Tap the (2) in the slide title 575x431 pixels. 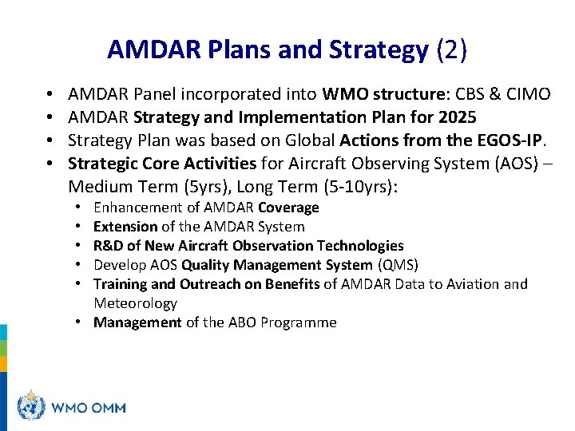click(451, 51)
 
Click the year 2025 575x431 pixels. click(457, 118)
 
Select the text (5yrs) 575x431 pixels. click(192, 188)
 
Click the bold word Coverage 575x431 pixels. click(288, 208)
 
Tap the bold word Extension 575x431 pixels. click(125, 227)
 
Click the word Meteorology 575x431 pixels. click(135, 303)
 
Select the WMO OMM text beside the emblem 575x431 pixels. click(88, 408)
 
